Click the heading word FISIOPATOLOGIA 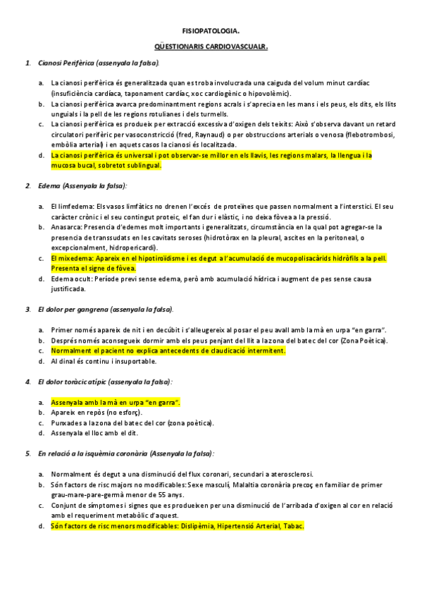[211, 32]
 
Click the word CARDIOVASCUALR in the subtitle [235, 49]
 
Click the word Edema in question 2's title [49, 185]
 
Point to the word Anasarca [66, 227]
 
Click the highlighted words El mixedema [69, 258]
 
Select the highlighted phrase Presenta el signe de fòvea [94, 269]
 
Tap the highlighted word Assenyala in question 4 [68, 402]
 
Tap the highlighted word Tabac [292, 525]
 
